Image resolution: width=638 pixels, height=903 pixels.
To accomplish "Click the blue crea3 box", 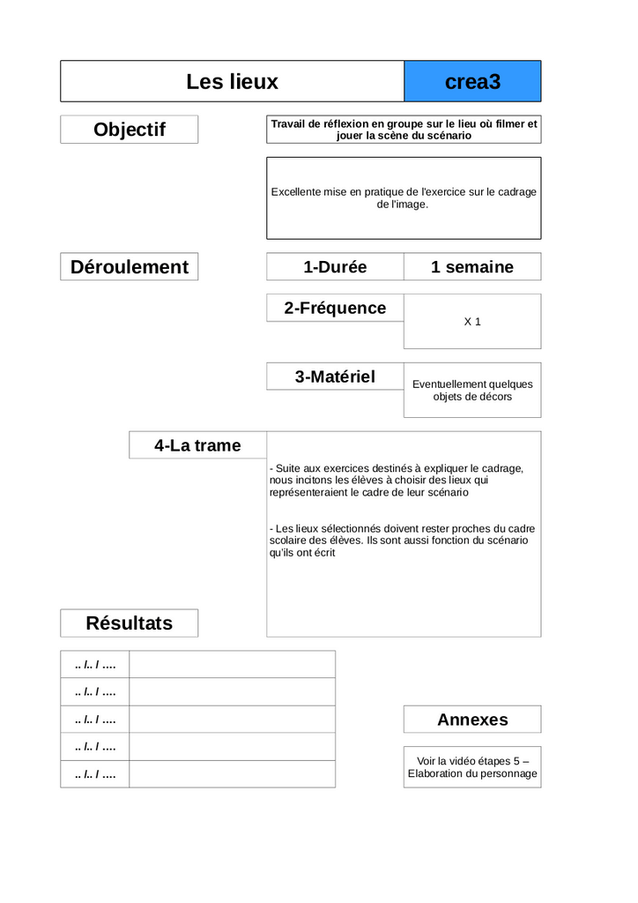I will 472,82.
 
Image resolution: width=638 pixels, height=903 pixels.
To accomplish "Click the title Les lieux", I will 232,82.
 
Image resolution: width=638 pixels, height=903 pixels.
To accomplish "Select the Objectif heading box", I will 130,130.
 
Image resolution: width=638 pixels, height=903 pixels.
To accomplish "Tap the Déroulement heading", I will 130,267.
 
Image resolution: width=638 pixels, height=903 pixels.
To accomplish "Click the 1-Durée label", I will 335,267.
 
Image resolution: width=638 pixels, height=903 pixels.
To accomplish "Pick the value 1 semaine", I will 472,267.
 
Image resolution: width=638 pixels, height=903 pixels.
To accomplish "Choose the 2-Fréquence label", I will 335,308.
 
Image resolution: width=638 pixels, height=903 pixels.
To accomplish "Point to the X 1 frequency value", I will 472,322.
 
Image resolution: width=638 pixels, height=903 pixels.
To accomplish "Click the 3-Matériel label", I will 335,377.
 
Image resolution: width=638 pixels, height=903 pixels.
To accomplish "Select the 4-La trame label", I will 197,445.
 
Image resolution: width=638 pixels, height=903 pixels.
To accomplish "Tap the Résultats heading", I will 130,623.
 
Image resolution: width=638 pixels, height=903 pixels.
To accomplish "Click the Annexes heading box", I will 472,720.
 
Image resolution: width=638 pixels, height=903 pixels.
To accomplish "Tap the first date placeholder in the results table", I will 95,664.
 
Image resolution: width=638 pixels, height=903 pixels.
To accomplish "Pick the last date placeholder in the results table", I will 95,774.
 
